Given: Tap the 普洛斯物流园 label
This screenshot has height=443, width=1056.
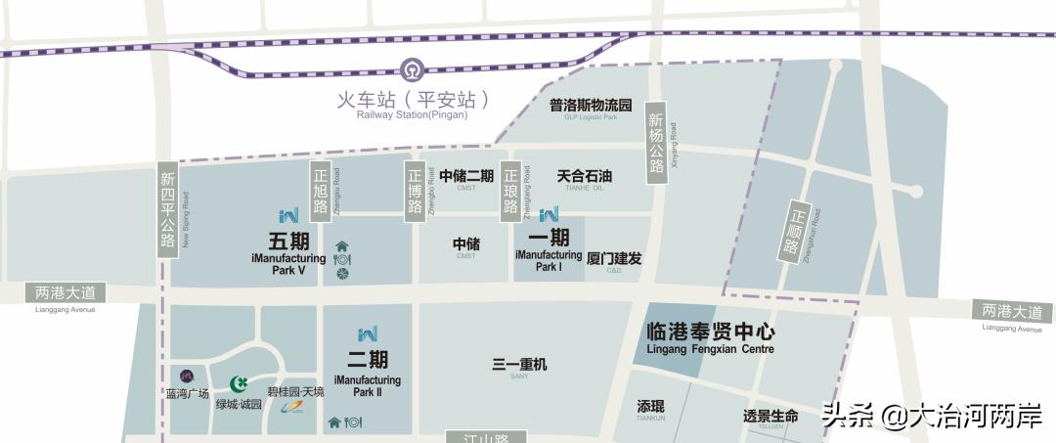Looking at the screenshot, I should coord(591,105).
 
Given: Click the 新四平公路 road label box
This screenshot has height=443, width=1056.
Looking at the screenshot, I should coord(167,211).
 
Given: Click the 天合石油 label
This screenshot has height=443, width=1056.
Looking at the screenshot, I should coord(584,176).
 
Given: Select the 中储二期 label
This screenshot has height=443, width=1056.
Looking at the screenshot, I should coord(465,176).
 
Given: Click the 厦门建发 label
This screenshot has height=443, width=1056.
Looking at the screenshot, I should coord(614,258).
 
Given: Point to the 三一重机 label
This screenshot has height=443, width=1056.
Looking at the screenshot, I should coord(519,365).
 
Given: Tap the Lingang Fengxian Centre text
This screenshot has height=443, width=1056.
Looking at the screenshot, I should coord(710,349).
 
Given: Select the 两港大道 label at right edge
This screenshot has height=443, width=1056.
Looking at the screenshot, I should coord(1012,312).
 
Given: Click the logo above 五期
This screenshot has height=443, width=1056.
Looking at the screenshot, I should coord(288,214).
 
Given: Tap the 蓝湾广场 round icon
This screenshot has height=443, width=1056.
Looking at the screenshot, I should coord(188,377).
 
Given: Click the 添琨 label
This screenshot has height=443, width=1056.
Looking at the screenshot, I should coord(650,406).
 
